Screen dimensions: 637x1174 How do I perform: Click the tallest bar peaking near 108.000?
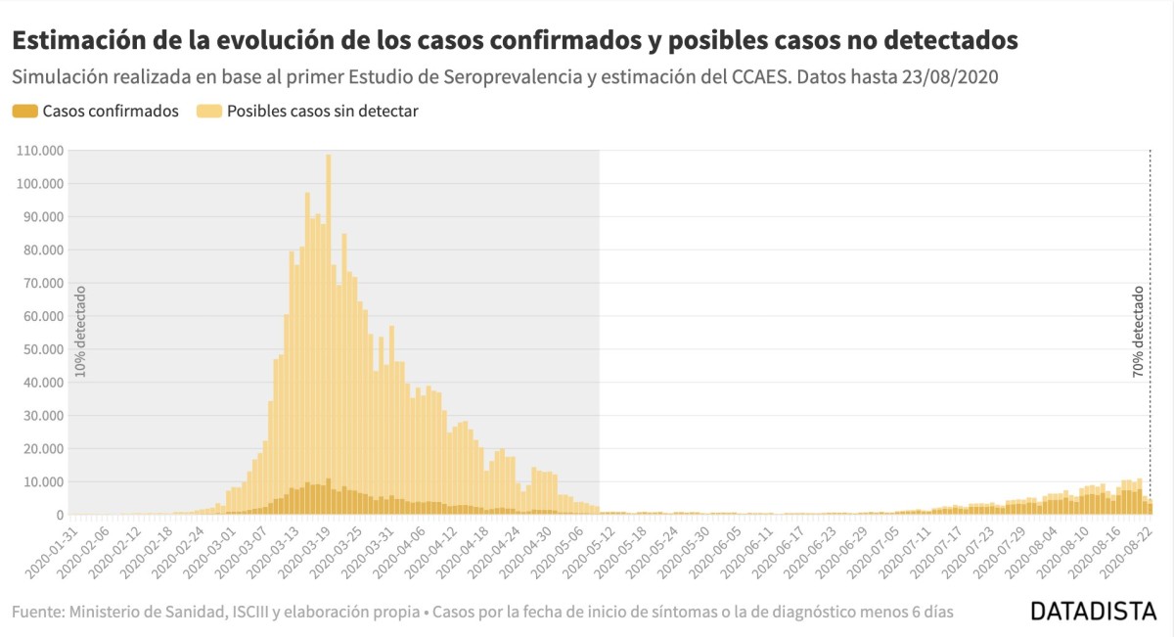pyautogui.click(x=328, y=333)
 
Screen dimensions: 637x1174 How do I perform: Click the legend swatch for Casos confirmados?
pyautogui.click(x=24, y=112)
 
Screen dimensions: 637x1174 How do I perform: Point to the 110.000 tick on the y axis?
pyautogui.click(x=40, y=151)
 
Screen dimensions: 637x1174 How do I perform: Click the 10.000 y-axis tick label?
pyautogui.click(x=43, y=481)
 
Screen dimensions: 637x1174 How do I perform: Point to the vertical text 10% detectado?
pyautogui.click(x=81, y=332)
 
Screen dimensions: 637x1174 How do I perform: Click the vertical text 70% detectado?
pyautogui.click(x=1138, y=332)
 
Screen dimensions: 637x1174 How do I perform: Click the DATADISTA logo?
pyautogui.click(x=1092, y=612)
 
